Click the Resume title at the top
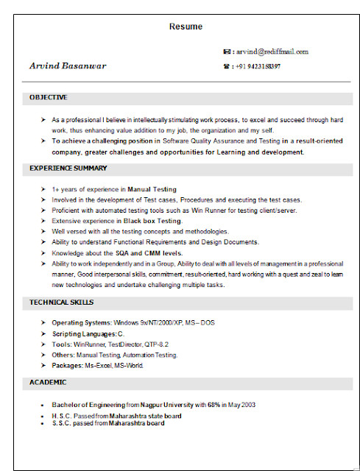[x=186, y=26]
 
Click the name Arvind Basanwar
[x=68, y=65]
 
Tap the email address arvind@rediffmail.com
[x=272, y=52]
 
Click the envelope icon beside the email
[x=227, y=52]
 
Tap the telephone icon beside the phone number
[x=227, y=66]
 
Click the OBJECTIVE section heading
[x=49, y=97]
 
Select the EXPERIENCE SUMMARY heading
[x=68, y=169]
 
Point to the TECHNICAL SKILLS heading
[x=61, y=302]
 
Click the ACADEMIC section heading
[x=48, y=383]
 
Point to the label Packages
[x=67, y=366]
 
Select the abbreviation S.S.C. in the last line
[x=60, y=423]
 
